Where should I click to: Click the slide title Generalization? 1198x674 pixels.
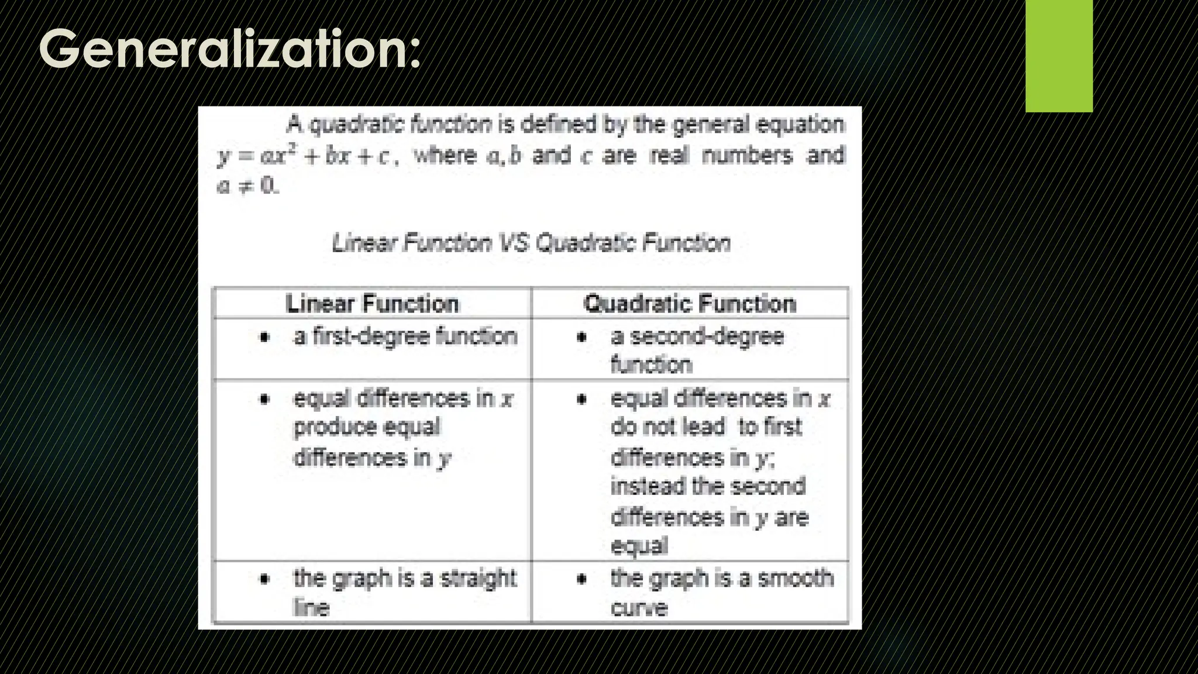[x=229, y=49]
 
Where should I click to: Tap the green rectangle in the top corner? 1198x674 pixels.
[x=1059, y=56]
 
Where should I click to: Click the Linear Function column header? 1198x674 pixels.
[x=373, y=304]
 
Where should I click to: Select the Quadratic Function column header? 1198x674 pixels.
[x=690, y=304]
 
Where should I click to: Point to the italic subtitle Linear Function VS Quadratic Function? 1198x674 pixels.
[x=531, y=243]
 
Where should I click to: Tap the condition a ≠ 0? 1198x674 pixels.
[x=247, y=186]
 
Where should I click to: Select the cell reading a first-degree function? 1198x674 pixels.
[x=405, y=336]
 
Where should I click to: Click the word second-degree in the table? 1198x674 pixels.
[x=707, y=336]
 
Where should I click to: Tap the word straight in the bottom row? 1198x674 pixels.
[x=478, y=579]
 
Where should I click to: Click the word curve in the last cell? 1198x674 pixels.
[x=639, y=608]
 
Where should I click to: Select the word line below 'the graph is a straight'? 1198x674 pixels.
[x=311, y=608]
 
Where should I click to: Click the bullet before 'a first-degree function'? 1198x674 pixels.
[x=265, y=337]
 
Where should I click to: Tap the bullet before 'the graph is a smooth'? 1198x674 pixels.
[x=581, y=579]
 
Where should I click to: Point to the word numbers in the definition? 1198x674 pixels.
[x=747, y=156]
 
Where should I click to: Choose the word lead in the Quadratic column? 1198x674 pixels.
[x=707, y=427]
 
